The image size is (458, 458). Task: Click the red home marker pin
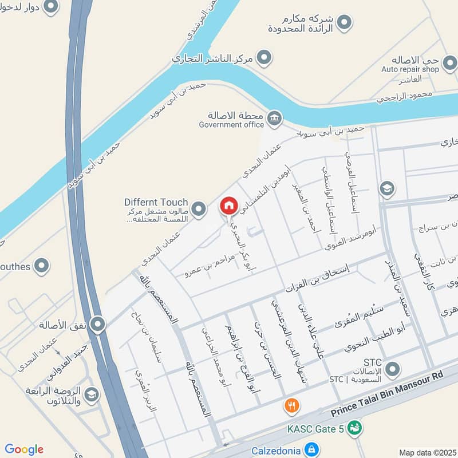[x=229, y=206]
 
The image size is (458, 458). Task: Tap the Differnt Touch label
[x=156, y=202]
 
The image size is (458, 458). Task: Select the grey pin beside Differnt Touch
[x=199, y=209]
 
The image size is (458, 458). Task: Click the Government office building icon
[x=274, y=118]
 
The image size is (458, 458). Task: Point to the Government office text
[x=231, y=124]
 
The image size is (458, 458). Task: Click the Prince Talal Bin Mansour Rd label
[x=388, y=393]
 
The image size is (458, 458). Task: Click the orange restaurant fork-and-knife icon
[x=292, y=406]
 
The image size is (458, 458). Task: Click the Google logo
[x=24, y=449]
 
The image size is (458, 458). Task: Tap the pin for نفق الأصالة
[x=98, y=325]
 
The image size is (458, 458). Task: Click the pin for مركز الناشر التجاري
[x=263, y=57]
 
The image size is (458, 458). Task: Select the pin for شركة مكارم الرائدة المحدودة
[x=343, y=23]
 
